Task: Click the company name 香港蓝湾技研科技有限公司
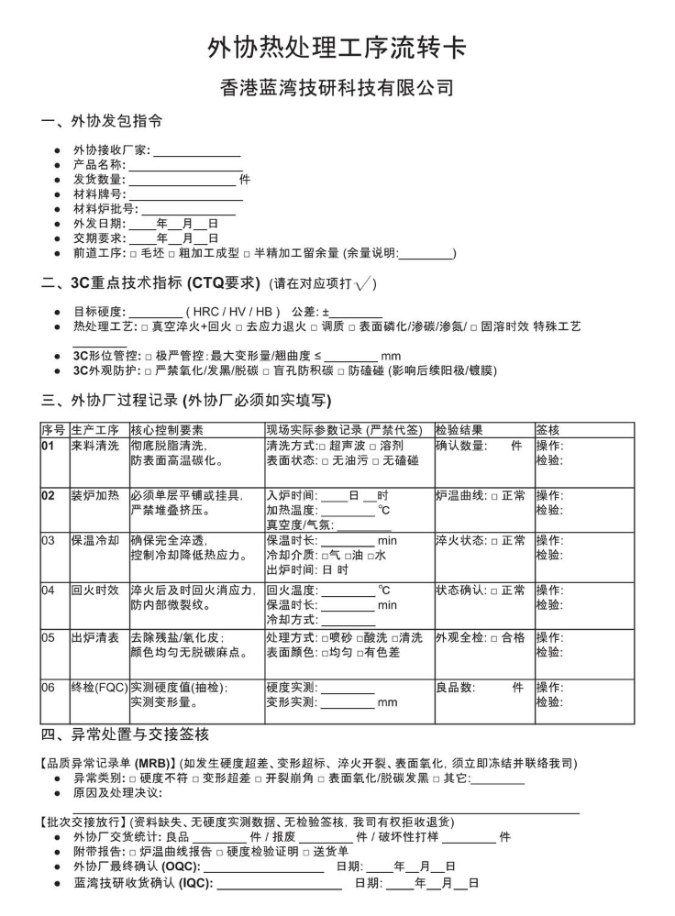337,88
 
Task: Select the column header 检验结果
459,429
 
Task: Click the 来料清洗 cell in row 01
94,446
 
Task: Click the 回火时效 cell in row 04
94,590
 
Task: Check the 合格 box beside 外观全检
493,637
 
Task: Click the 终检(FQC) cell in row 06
99,686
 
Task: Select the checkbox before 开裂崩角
235,778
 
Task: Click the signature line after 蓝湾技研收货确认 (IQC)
279,884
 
